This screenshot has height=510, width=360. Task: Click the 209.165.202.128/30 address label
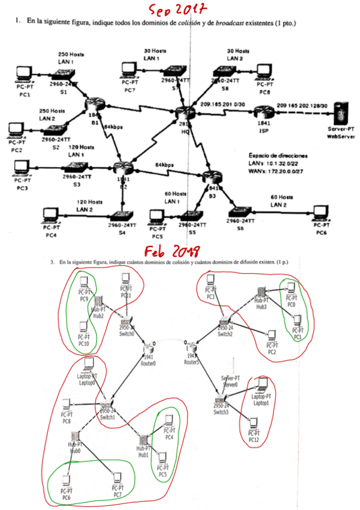coord(302,106)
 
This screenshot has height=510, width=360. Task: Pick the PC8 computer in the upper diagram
coord(265,72)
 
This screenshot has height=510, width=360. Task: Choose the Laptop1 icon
coord(261,386)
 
